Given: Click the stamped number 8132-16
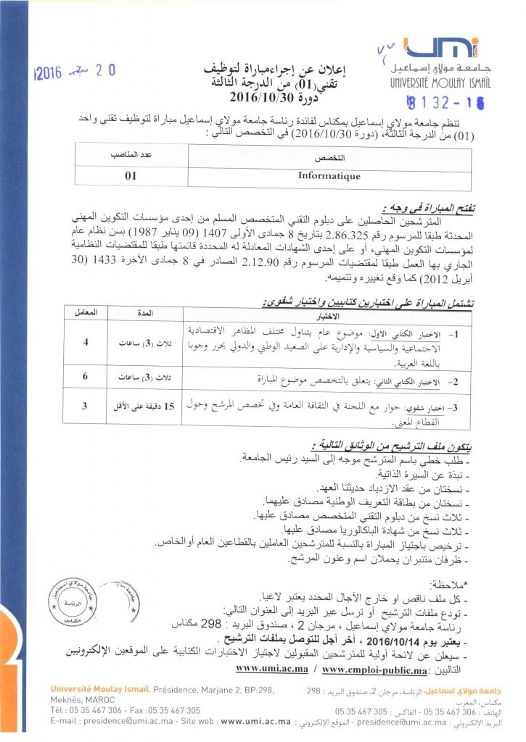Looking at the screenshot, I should point(437,102).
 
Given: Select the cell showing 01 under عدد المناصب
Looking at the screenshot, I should point(131,175).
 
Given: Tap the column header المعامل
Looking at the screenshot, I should point(85,312).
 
